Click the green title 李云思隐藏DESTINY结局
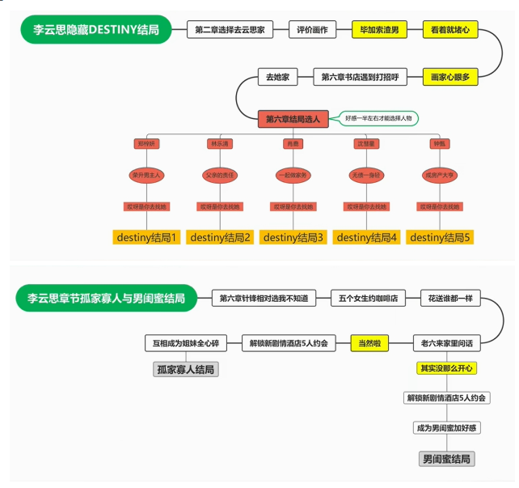pyautogui.click(x=96, y=30)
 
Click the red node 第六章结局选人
pyautogui.click(x=293, y=119)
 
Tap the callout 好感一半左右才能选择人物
pyautogui.click(x=378, y=118)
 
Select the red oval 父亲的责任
pyautogui.click(x=219, y=175)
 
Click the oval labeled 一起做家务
pyautogui.click(x=293, y=175)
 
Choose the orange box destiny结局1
pyautogui.click(x=146, y=237)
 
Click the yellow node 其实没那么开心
pyautogui.click(x=446, y=368)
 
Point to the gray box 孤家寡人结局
pyautogui.click(x=187, y=370)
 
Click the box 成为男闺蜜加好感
pyautogui.click(x=446, y=427)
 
